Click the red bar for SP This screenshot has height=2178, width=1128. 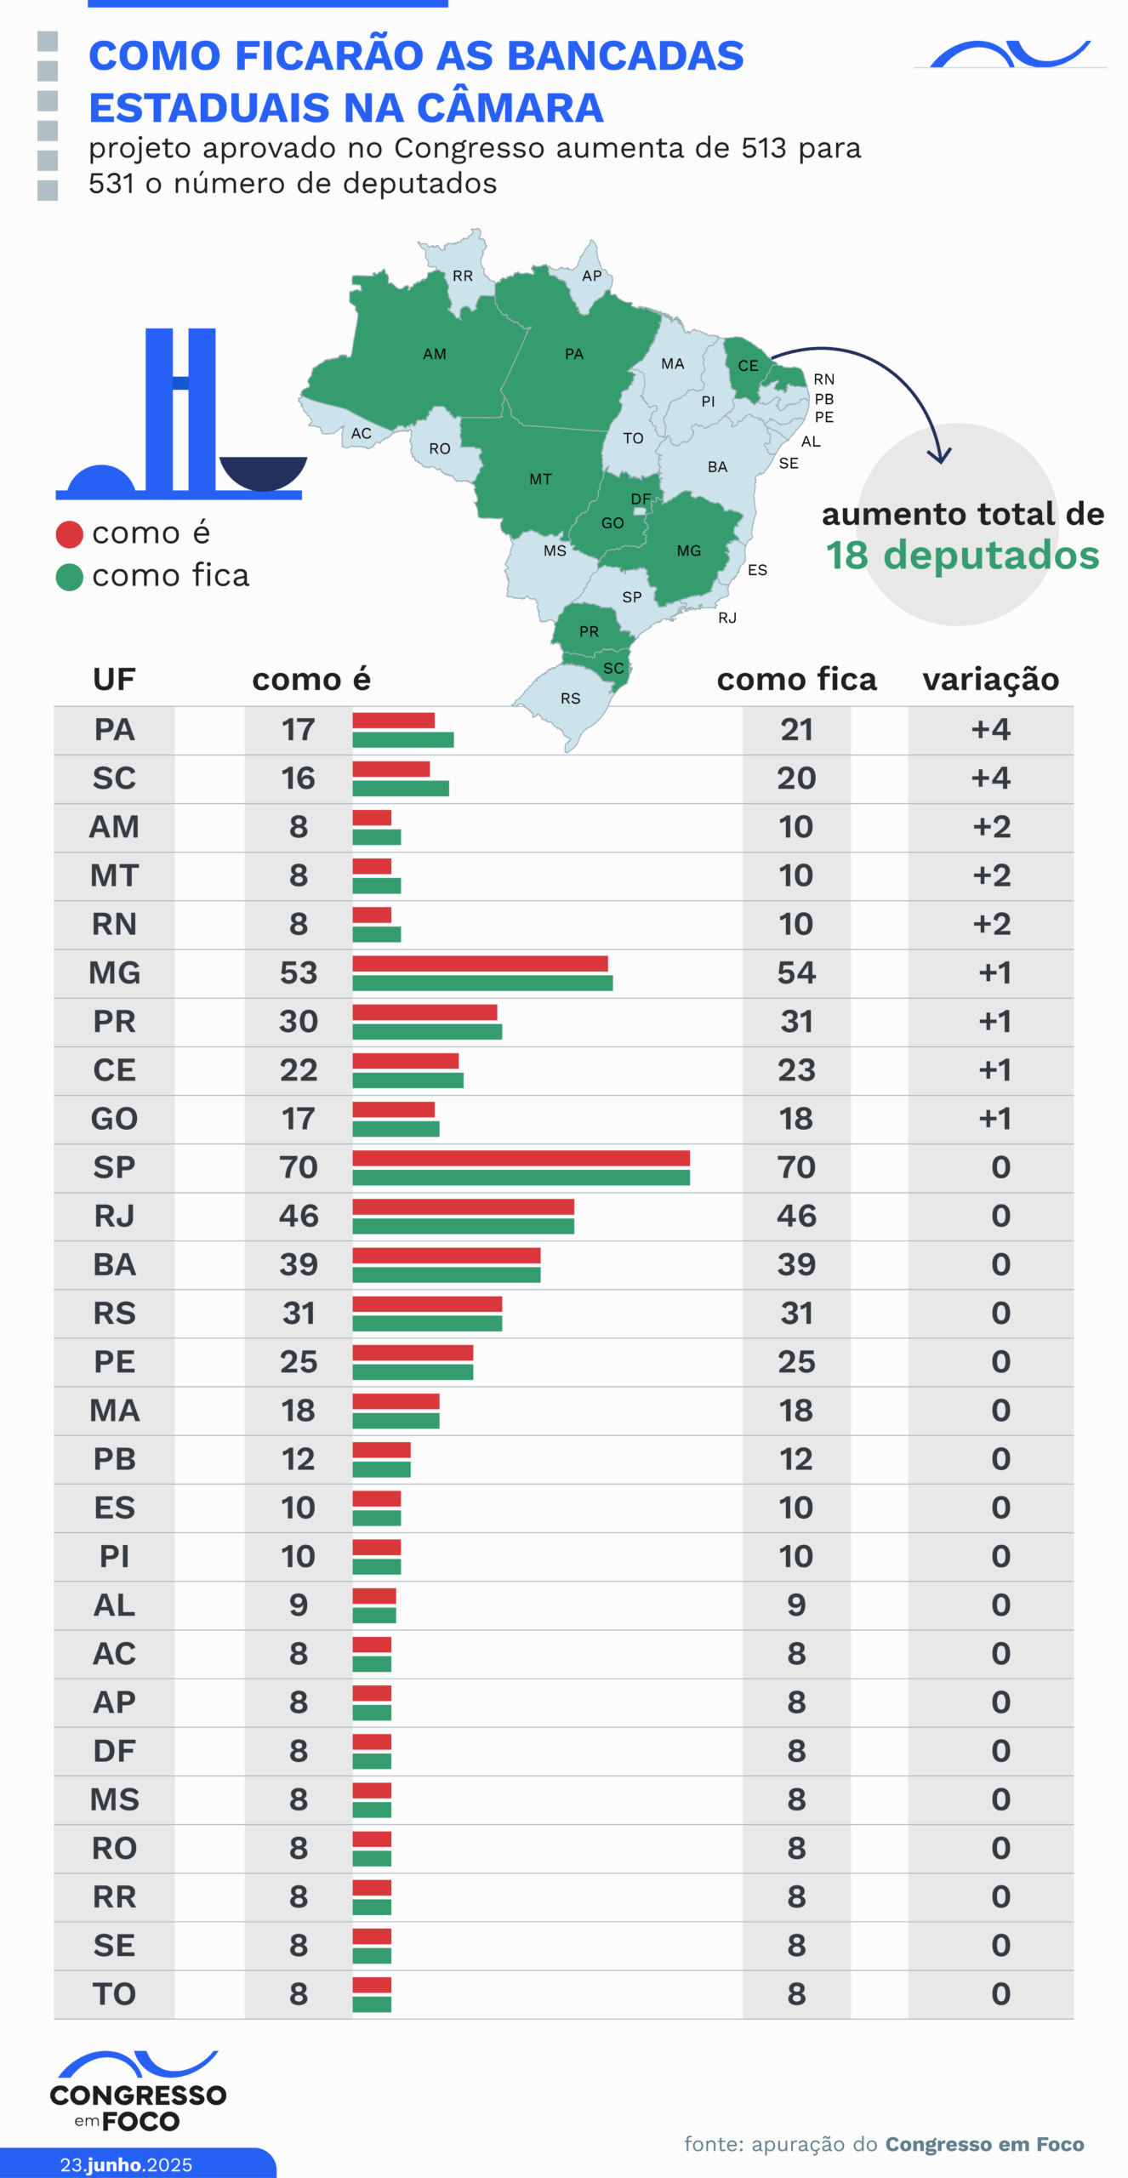[x=521, y=1158]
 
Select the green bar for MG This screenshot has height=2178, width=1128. [x=482, y=984]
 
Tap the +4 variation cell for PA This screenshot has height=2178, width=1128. [x=990, y=730]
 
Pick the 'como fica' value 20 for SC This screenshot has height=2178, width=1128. [x=796, y=778]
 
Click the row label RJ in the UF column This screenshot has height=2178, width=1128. [x=114, y=1216]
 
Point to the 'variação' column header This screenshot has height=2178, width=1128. [x=990, y=680]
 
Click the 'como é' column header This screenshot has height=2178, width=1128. [x=311, y=680]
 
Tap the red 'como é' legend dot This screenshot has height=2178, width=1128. [x=69, y=534]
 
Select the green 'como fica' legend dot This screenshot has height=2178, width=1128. [x=69, y=577]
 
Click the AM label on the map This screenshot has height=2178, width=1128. [x=434, y=354]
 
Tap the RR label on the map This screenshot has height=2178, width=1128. [x=463, y=276]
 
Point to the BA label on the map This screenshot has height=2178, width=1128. [x=717, y=467]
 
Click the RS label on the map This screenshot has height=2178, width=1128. [x=570, y=698]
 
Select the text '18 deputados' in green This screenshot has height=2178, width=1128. [x=962, y=556]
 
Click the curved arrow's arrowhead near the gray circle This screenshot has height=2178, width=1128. [x=940, y=458]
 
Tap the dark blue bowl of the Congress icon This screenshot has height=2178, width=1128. [x=263, y=472]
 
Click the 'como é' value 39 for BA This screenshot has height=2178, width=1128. [x=299, y=1264]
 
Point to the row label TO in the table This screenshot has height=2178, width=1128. [x=114, y=1994]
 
